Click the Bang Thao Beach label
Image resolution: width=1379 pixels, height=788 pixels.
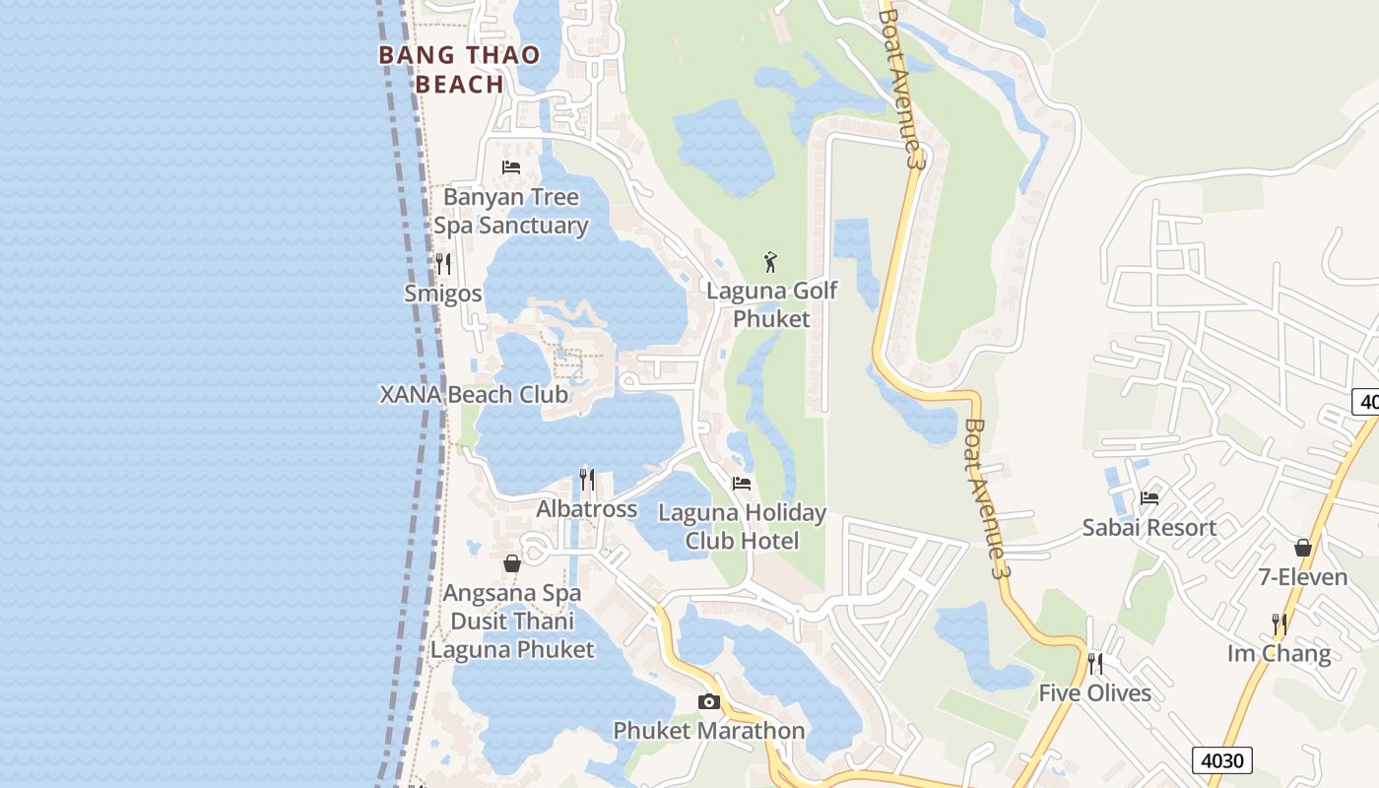click(460, 69)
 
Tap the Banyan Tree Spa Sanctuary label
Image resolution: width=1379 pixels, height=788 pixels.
click(511, 211)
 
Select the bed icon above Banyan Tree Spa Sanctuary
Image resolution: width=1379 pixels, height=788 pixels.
click(511, 166)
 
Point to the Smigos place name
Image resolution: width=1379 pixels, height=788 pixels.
click(443, 294)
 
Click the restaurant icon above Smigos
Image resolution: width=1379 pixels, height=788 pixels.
click(443, 263)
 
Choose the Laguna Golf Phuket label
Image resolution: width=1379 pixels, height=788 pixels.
click(772, 304)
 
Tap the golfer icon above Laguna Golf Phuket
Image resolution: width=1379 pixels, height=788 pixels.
click(771, 262)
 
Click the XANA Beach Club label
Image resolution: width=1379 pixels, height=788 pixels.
click(474, 394)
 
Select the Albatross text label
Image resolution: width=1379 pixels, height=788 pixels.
click(587, 509)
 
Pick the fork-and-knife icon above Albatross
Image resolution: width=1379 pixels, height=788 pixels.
click(587, 479)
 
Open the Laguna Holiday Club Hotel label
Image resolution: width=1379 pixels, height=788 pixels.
click(742, 526)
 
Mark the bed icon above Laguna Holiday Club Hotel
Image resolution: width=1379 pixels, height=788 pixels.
click(742, 483)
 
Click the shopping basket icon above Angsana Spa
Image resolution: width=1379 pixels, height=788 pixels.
click(512, 563)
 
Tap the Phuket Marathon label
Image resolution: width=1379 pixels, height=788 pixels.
click(709, 731)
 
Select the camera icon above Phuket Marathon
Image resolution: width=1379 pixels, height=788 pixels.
click(708, 701)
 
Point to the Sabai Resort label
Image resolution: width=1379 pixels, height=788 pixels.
click(1149, 527)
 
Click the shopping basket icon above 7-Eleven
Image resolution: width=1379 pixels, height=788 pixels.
click(1303, 547)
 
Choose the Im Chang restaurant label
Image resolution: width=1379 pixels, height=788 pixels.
click(1279, 653)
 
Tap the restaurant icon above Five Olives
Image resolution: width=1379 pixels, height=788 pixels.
click(1094, 663)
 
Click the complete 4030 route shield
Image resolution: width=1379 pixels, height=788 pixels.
click(1222, 760)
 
